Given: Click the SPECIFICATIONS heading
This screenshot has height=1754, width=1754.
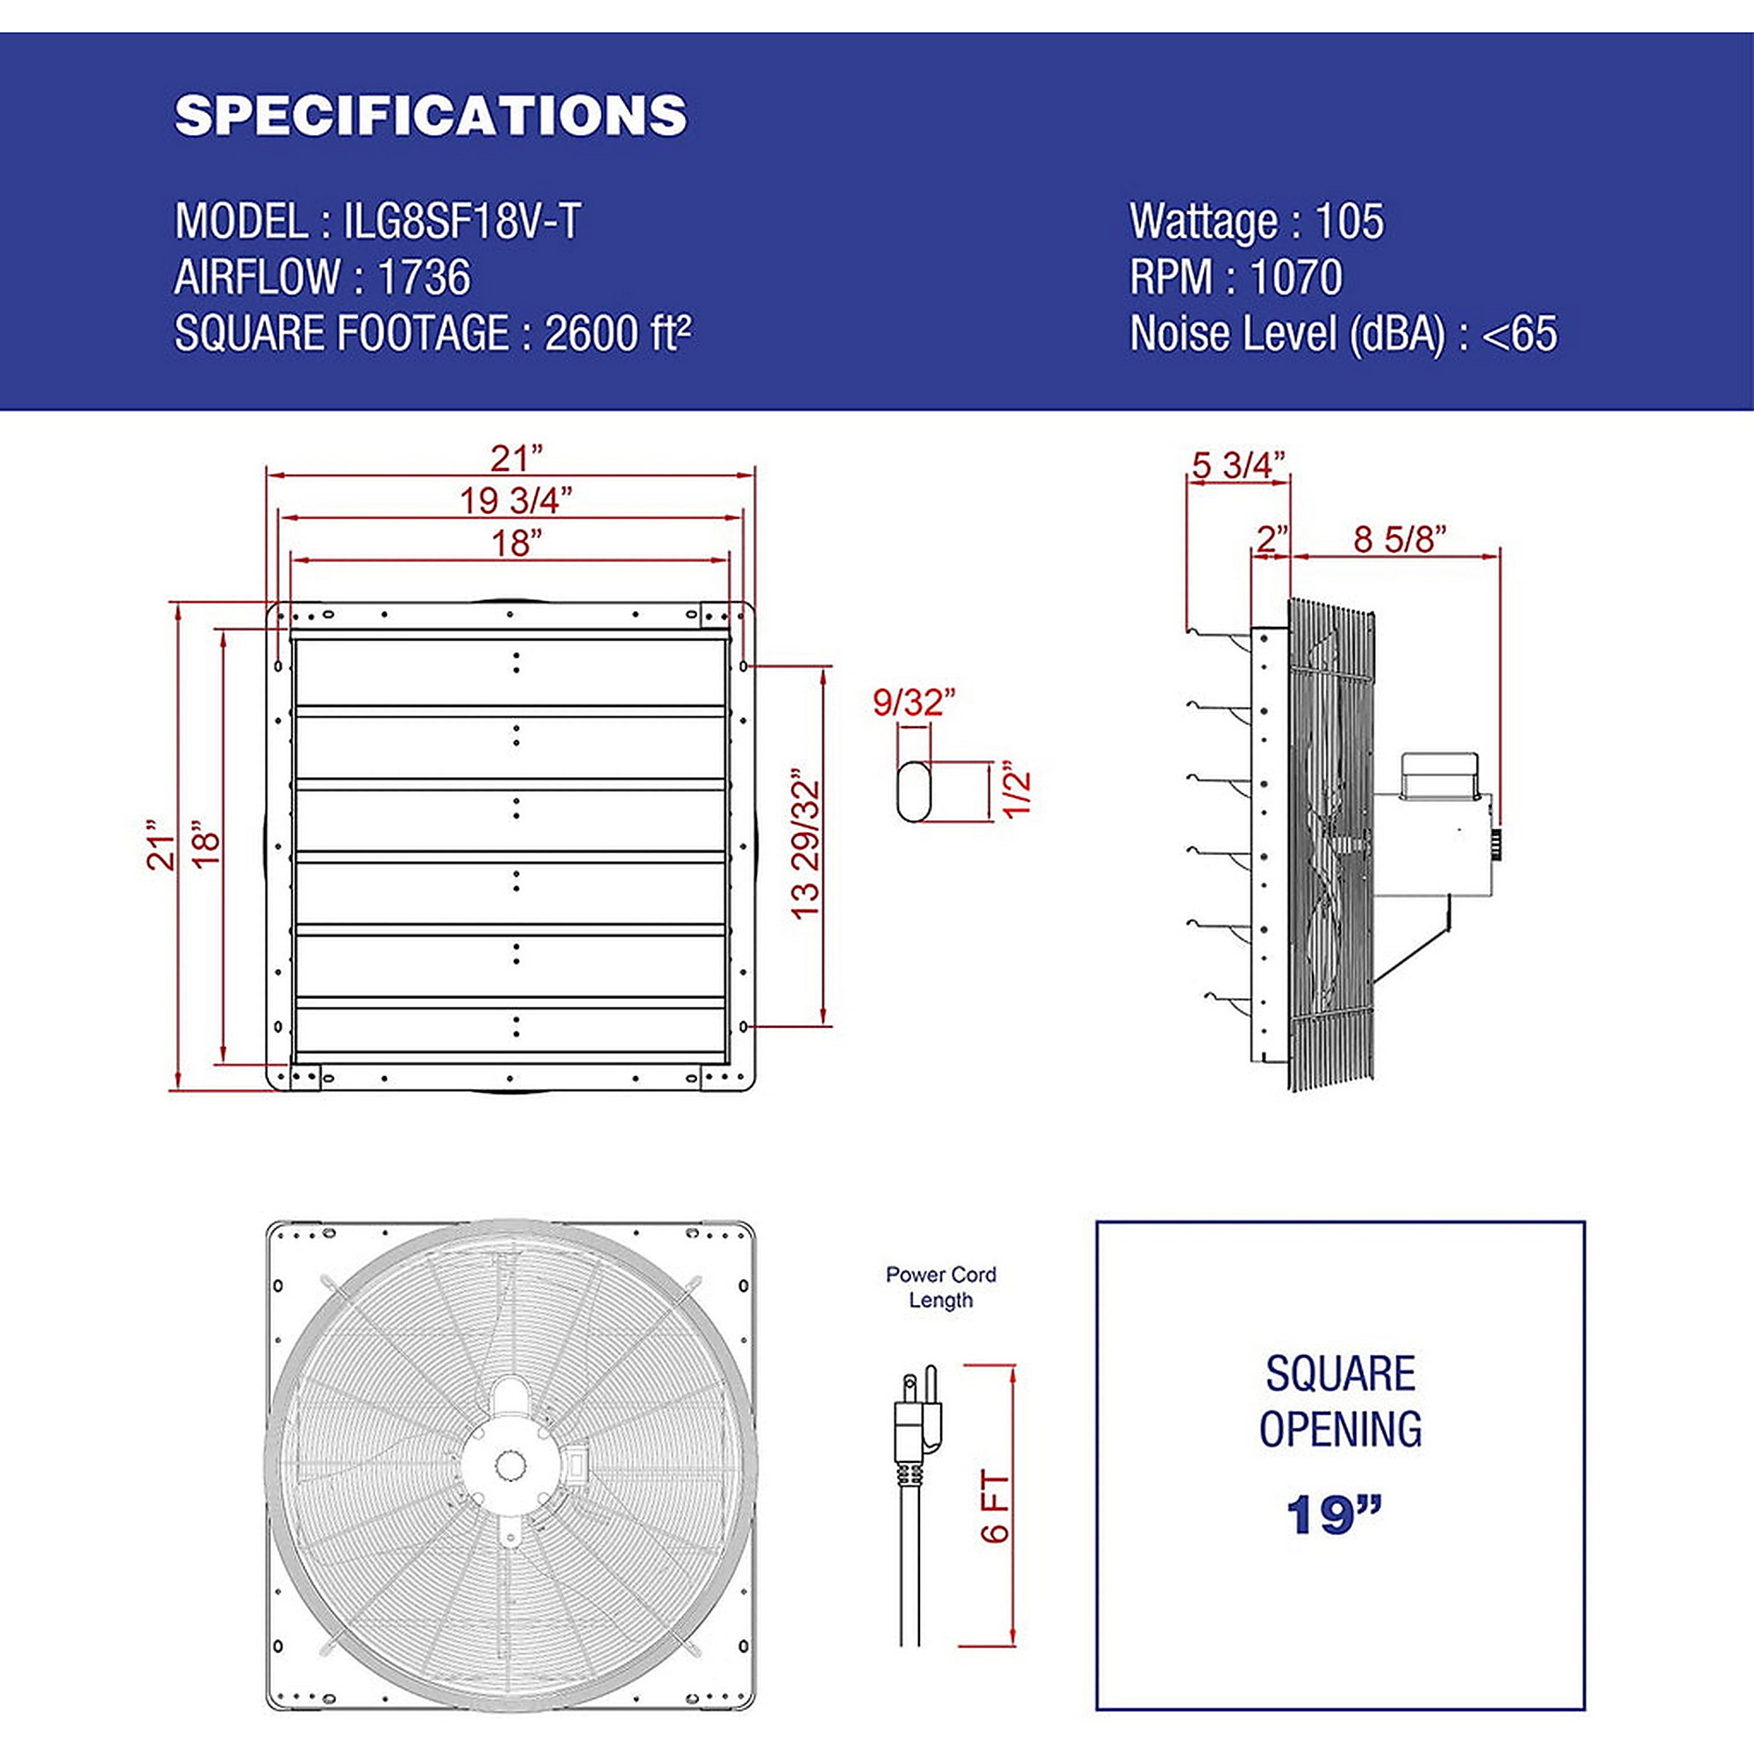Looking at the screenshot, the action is [x=431, y=115].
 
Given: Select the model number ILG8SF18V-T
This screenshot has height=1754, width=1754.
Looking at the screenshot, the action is [x=462, y=222].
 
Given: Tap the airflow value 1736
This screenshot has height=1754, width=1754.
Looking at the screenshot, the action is [x=424, y=277].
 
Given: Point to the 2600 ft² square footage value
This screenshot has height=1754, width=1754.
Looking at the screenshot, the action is [x=617, y=332].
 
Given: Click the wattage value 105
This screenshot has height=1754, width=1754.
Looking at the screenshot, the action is [x=1350, y=222].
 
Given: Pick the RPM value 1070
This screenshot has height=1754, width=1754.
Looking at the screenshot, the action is [x=1295, y=277].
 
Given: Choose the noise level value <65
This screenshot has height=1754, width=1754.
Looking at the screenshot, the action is [x=1520, y=333].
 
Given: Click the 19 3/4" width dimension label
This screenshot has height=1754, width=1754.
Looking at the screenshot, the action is [x=516, y=499].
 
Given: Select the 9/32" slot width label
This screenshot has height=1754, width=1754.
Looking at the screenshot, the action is [x=914, y=702].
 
